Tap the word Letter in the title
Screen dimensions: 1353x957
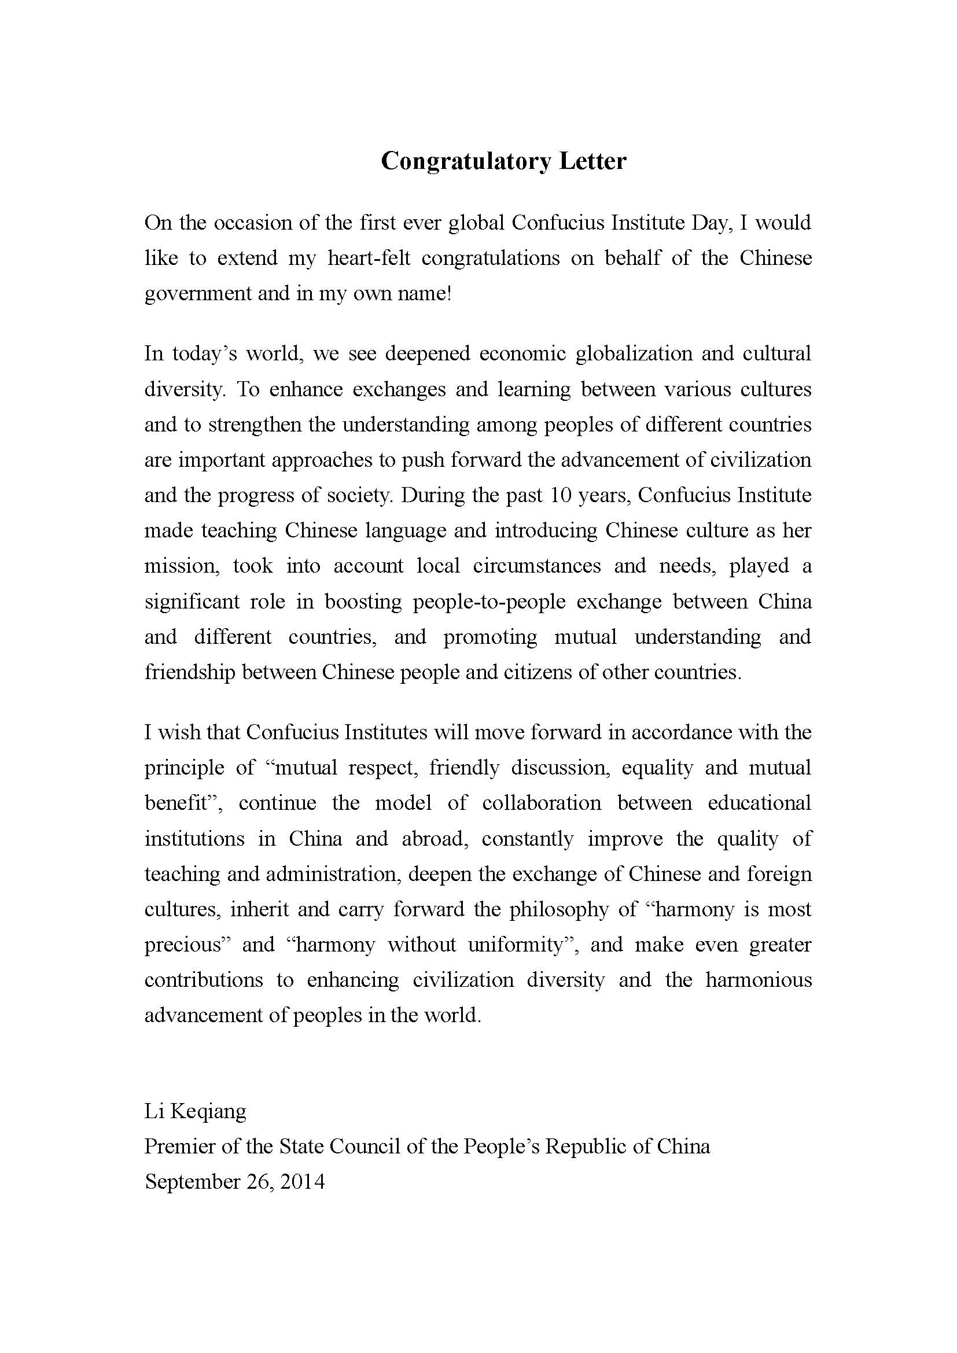point(592,161)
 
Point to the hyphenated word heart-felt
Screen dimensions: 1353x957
point(369,258)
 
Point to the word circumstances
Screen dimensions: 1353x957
point(536,566)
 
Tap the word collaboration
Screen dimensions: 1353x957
point(542,803)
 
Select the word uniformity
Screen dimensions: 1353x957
point(522,945)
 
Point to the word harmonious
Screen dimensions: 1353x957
point(759,980)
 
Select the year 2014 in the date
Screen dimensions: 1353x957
point(302,1182)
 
